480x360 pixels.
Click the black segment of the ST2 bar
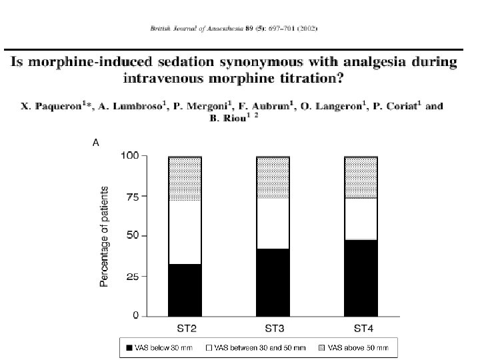pos(185,290)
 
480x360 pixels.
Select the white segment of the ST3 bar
pos(273,223)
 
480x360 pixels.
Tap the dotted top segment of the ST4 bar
pos(361,177)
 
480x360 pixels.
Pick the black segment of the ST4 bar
pos(361,277)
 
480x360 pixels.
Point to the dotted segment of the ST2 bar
pos(185,179)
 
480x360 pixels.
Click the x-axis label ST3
pos(272,328)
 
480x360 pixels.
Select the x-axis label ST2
pos(185,328)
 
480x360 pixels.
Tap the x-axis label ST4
pos(361,328)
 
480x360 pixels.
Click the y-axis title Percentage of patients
pos(105,236)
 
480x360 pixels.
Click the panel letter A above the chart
pos(95,142)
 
